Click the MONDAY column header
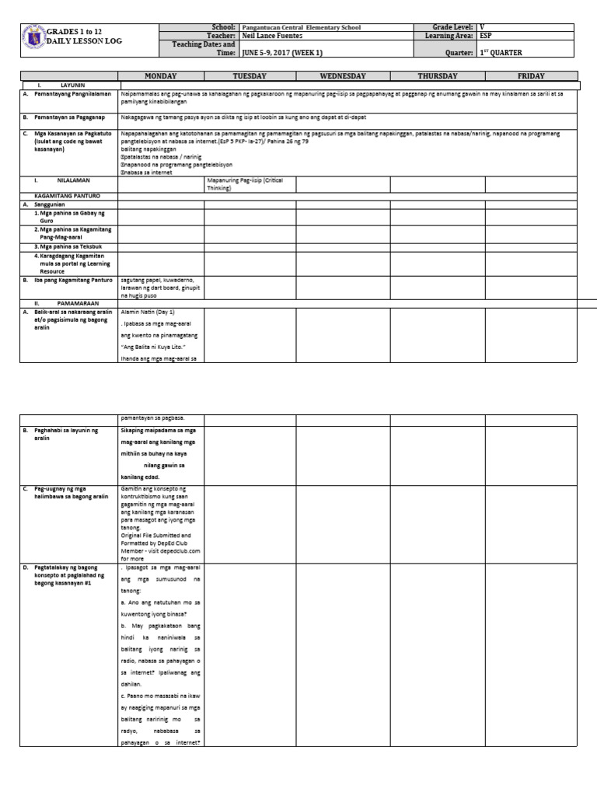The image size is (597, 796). tap(161, 76)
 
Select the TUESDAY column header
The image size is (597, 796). tap(250, 76)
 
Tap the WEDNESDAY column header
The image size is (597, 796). tap(343, 76)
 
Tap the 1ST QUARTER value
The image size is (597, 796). tap(501, 53)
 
